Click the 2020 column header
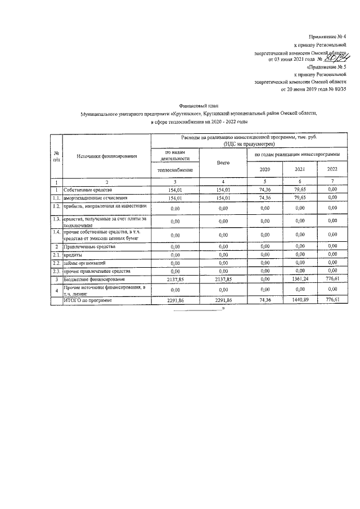264,169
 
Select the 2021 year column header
299,169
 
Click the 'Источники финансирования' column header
107,156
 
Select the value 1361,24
299,279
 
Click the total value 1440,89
299,300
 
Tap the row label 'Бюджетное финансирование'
94,279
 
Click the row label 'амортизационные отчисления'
96,198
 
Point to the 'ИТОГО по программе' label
88,300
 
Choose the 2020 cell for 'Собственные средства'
264,190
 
